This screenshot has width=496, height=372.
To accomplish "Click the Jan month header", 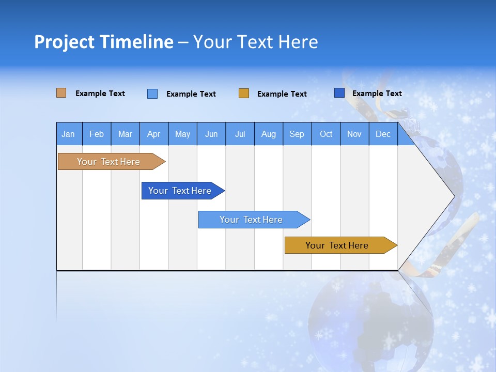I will pos(69,134).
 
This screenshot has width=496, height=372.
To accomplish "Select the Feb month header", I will pos(97,134).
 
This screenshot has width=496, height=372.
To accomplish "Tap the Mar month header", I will pos(125,134).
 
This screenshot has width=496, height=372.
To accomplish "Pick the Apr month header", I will pos(154,134).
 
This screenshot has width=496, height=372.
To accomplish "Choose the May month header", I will pos(182,134).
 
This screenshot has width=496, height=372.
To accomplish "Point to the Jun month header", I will pos(211,134).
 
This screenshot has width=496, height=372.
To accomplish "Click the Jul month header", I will pos(240,134).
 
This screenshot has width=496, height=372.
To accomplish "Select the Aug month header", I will pos(269,134).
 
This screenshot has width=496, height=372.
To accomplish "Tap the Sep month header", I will pos(297,134).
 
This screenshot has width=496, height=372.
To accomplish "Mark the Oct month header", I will pos(326,134).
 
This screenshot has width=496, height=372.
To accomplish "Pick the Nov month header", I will pos(354,134).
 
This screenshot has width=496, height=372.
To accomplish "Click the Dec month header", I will pos(383,134).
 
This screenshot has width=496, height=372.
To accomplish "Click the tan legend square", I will pos(61,93).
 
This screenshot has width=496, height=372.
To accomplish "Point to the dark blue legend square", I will pos(339,93).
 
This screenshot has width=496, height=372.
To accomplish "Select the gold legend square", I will pos(244,94).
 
